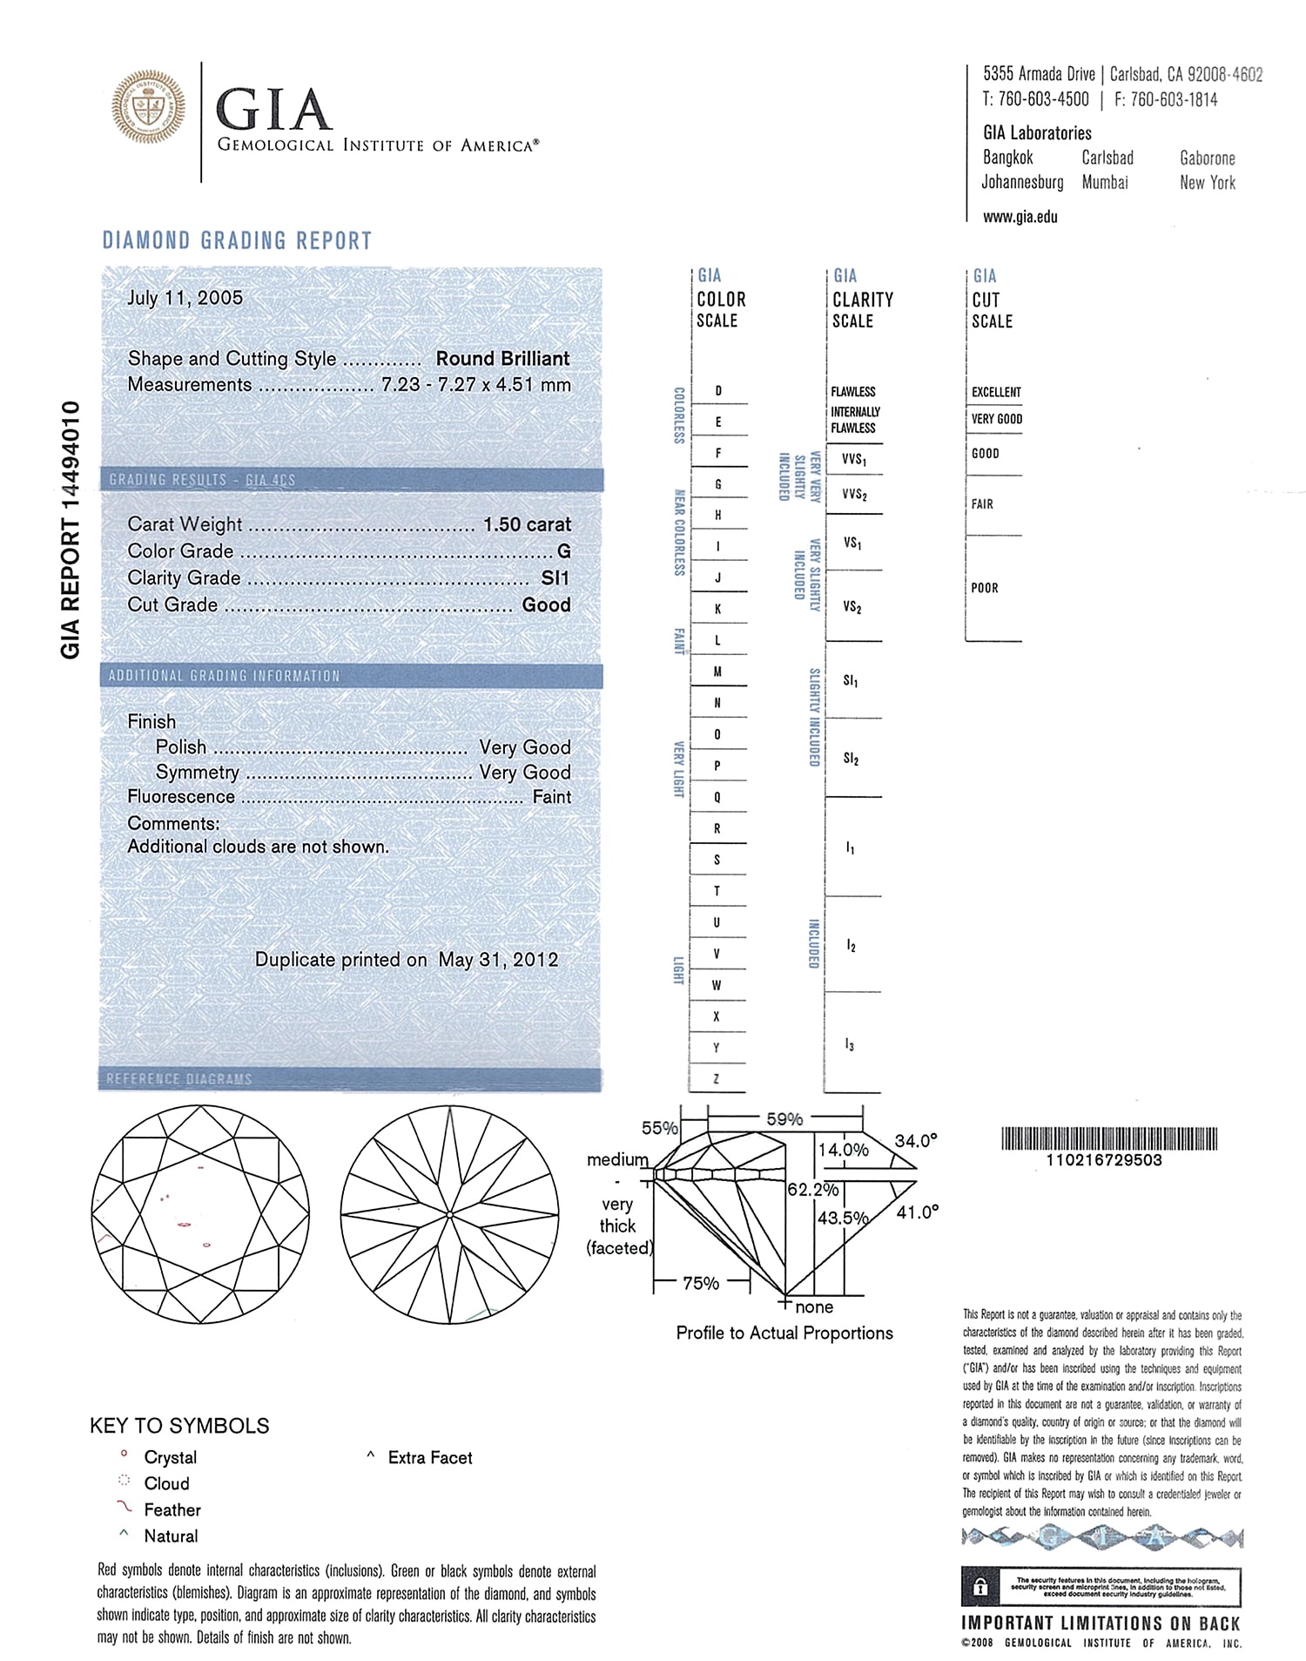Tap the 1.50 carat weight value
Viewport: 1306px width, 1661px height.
click(x=527, y=524)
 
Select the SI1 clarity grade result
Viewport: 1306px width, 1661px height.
click(x=555, y=578)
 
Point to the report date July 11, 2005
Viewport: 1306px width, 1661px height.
click(x=185, y=298)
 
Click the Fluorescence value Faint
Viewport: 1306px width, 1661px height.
click(x=552, y=797)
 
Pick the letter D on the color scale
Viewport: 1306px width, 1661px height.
click(x=718, y=391)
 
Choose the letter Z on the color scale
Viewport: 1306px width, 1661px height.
click(x=717, y=1079)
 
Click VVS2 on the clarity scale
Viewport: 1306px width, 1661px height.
click(x=854, y=495)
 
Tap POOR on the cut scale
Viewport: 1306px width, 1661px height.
click(x=985, y=588)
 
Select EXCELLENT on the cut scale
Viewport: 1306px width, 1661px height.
click(x=996, y=392)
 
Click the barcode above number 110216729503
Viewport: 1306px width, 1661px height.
click(x=1109, y=1138)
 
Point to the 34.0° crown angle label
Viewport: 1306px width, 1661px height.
click(x=916, y=1141)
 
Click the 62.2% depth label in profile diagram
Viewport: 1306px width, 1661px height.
click(x=812, y=1189)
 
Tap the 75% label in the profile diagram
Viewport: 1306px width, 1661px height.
click(x=701, y=1283)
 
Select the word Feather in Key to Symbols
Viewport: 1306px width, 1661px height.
click(x=172, y=1509)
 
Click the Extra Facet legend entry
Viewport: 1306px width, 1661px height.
click(x=430, y=1457)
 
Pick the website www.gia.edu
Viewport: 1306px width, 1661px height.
click(x=1020, y=217)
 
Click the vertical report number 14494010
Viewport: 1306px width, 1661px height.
click(x=71, y=530)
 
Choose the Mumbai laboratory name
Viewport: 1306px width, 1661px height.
click(x=1105, y=183)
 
